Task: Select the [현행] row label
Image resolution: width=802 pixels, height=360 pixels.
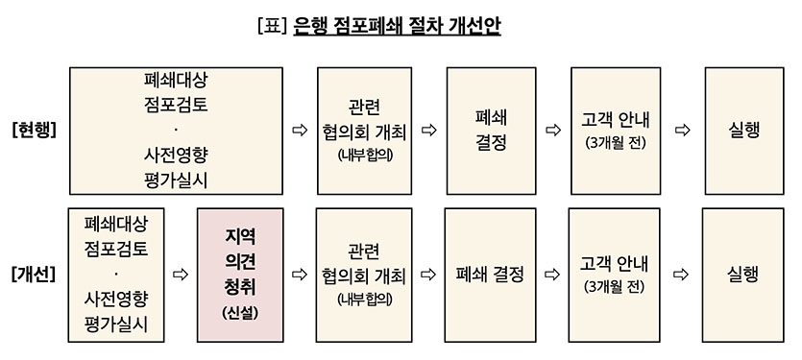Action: (x=35, y=131)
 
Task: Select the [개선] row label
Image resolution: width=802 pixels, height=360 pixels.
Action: (x=36, y=275)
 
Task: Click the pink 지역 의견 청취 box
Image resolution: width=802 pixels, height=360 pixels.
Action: (x=239, y=275)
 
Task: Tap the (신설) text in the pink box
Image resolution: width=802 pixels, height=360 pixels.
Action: (x=239, y=312)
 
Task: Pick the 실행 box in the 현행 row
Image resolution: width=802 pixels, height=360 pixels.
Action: (x=743, y=131)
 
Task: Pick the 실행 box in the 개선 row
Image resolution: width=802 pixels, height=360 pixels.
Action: (x=742, y=275)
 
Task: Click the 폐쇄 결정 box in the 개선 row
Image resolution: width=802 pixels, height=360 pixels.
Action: (x=490, y=275)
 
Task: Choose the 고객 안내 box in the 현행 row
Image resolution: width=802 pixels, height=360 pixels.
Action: (x=615, y=131)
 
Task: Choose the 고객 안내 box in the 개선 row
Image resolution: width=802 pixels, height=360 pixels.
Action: (x=614, y=275)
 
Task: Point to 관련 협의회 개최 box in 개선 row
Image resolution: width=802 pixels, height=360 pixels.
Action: (x=364, y=275)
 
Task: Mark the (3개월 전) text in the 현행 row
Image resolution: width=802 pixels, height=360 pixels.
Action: (x=615, y=144)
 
